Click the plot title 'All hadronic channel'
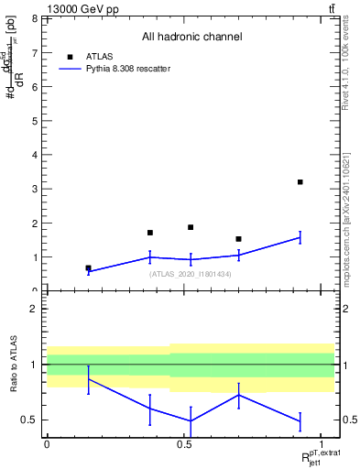(191, 38)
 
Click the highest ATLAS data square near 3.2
(300, 182)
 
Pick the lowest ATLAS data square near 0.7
(88, 268)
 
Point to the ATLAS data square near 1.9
(191, 227)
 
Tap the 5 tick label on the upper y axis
(35, 121)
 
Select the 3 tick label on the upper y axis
(35, 189)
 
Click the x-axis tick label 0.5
(183, 444)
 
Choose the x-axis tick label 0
(47, 444)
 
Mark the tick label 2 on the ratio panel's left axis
(35, 309)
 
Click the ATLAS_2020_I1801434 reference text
(190, 274)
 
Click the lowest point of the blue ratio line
(191, 421)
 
